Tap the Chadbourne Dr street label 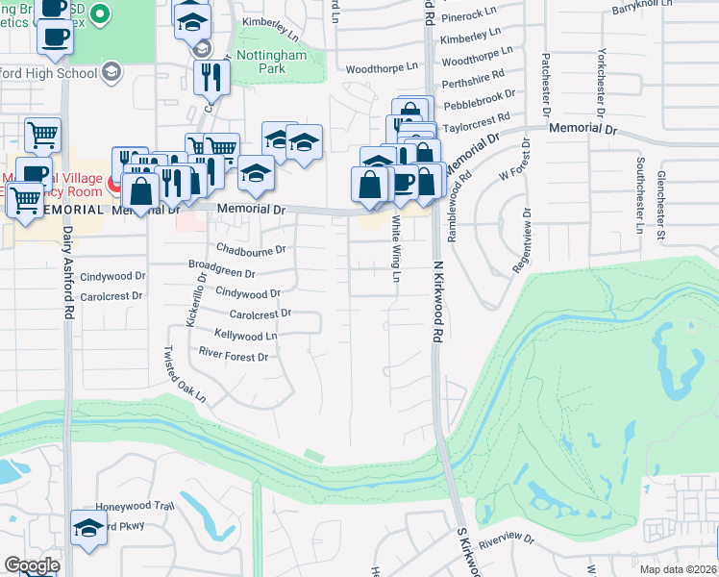tap(251, 249)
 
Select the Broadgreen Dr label tap(221, 272)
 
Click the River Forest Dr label tap(233, 355)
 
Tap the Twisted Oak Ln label tap(184, 374)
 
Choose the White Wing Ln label tap(395, 249)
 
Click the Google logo tap(32, 565)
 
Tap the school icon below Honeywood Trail tap(89, 528)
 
